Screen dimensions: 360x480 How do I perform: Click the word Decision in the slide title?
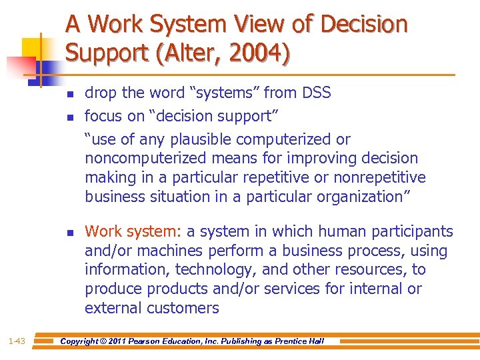[364, 25]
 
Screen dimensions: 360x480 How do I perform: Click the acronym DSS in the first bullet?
[316, 93]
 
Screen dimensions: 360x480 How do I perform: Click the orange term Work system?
[133, 231]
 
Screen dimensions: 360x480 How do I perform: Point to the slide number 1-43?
[17, 341]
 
